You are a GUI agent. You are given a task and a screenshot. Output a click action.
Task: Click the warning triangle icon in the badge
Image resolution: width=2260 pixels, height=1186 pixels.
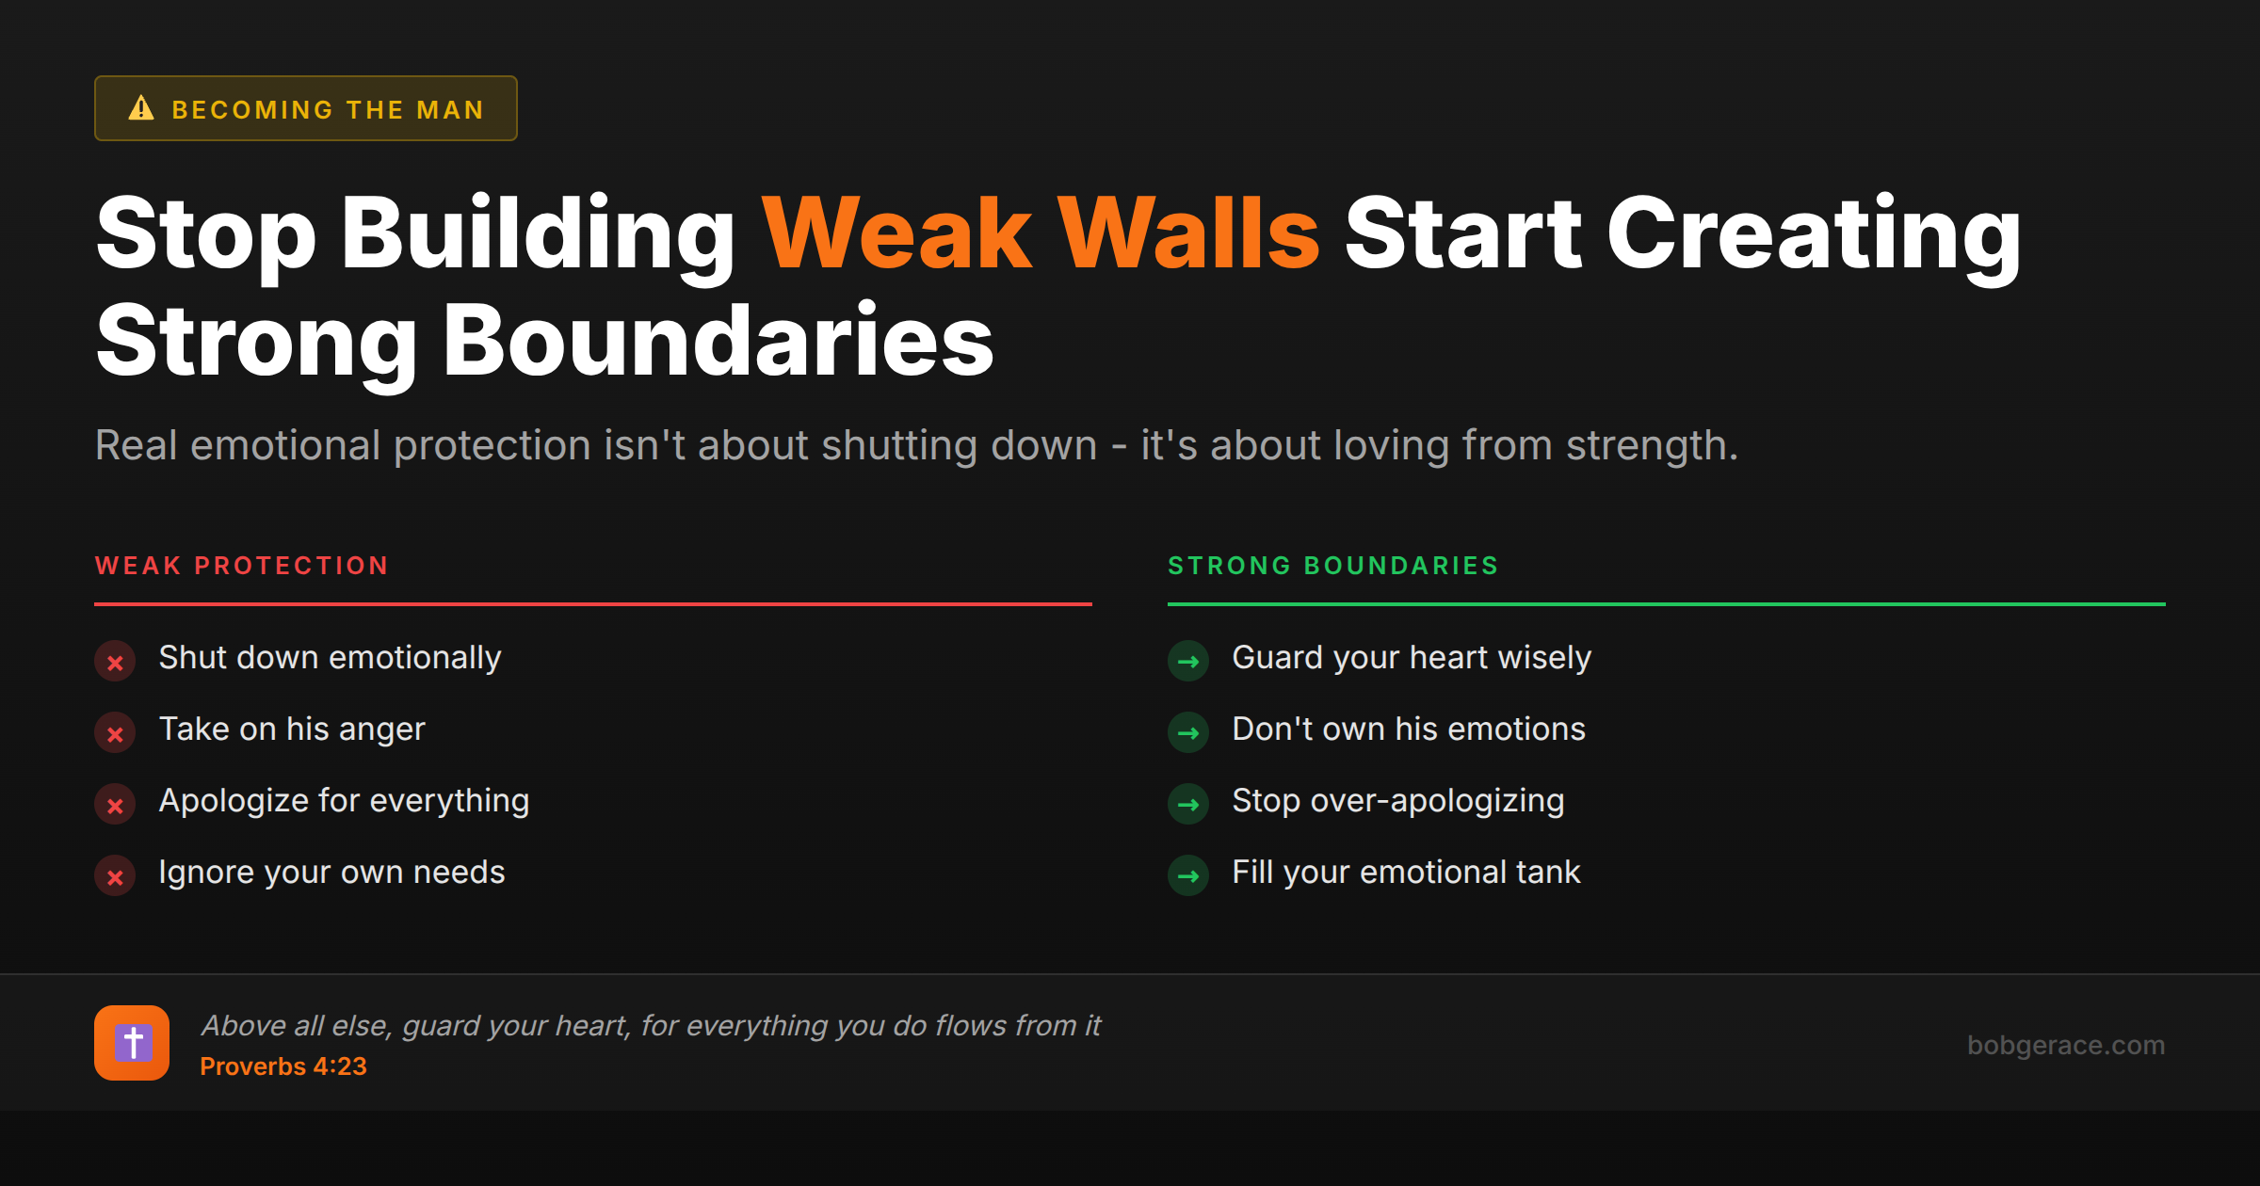click(x=141, y=108)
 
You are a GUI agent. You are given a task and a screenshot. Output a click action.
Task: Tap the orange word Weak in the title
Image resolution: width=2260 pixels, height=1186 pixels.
click(x=897, y=233)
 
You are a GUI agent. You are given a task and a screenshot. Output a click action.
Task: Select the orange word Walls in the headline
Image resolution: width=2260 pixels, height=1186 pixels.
click(x=1188, y=233)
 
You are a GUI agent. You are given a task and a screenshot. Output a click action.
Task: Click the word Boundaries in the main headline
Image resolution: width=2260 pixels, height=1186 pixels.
click(x=718, y=341)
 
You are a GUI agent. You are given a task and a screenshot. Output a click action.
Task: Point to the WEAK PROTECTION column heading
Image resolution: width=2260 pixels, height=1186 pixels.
click(x=242, y=566)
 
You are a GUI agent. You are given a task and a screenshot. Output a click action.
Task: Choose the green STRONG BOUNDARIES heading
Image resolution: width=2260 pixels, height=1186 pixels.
click(x=1333, y=566)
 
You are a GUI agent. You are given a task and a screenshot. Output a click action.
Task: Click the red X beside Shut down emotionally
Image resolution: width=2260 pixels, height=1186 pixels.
click(x=115, y=662)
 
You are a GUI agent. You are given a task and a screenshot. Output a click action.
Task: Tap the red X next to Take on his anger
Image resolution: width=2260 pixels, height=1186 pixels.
click(x=115, y=733)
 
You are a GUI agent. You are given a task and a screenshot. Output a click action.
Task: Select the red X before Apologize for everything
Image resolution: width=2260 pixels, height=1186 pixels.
click(x=115, y=805)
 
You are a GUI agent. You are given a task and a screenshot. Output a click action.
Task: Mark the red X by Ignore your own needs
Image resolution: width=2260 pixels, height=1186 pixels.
click(x=115, y=876)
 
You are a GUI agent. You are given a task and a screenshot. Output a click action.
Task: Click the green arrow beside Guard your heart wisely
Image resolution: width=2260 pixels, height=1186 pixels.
click(x=1188, y=662)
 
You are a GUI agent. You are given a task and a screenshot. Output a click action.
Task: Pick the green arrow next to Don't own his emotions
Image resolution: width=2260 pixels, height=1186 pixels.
click(x=1188, y=733)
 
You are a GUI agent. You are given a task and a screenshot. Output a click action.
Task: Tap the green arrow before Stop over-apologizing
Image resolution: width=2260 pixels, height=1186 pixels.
click(x=1188, y=805)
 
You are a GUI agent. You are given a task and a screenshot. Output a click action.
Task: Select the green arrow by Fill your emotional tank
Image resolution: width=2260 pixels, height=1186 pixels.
click(x=1188, y=876)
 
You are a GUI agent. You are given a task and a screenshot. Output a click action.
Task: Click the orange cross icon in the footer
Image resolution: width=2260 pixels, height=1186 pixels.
click(x=132, y=1043)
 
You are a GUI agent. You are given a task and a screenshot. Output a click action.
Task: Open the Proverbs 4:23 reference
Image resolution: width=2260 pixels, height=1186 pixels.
click(x=283, y=1066)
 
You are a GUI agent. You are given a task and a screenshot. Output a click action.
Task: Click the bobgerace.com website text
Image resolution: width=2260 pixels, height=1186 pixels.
click(x=2066, y=1045)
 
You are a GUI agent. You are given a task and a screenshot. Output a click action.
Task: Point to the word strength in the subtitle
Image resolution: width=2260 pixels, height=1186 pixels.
click(x=1651, y=445)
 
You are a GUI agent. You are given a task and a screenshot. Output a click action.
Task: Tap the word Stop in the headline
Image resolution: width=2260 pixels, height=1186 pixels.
click(x=206, y=233)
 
